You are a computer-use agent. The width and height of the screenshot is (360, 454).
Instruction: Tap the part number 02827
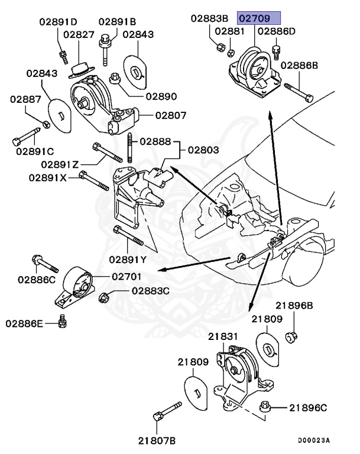(80, 35)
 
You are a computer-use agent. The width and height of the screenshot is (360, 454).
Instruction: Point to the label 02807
(170, 115)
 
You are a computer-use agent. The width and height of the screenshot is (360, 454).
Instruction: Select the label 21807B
(157, 440)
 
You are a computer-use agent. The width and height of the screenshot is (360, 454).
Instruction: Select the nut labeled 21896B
(290, 337)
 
